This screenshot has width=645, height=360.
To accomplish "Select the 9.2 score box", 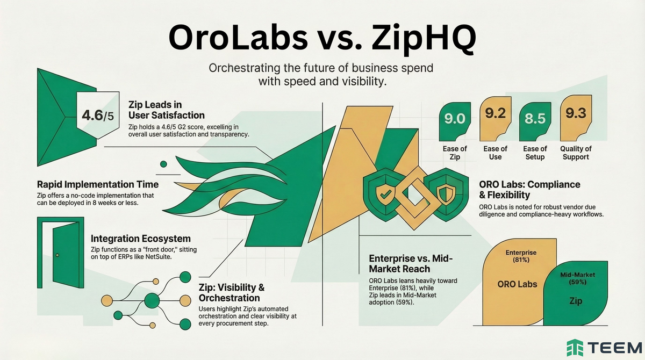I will [x=495, y=114].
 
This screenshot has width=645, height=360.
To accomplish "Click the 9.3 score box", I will [x=575, y=114].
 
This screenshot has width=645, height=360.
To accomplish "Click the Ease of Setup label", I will [x=535, y=153].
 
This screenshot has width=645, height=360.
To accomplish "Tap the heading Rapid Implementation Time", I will [x=98, y=184].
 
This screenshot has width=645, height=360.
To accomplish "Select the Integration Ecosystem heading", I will [x=141, y=238].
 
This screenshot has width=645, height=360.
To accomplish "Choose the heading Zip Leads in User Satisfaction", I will [x=166, y=110].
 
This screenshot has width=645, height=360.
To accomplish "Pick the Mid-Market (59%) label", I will [x=575, y=278].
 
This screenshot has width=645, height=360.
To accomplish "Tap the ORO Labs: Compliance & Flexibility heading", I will [x=529, y=189].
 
